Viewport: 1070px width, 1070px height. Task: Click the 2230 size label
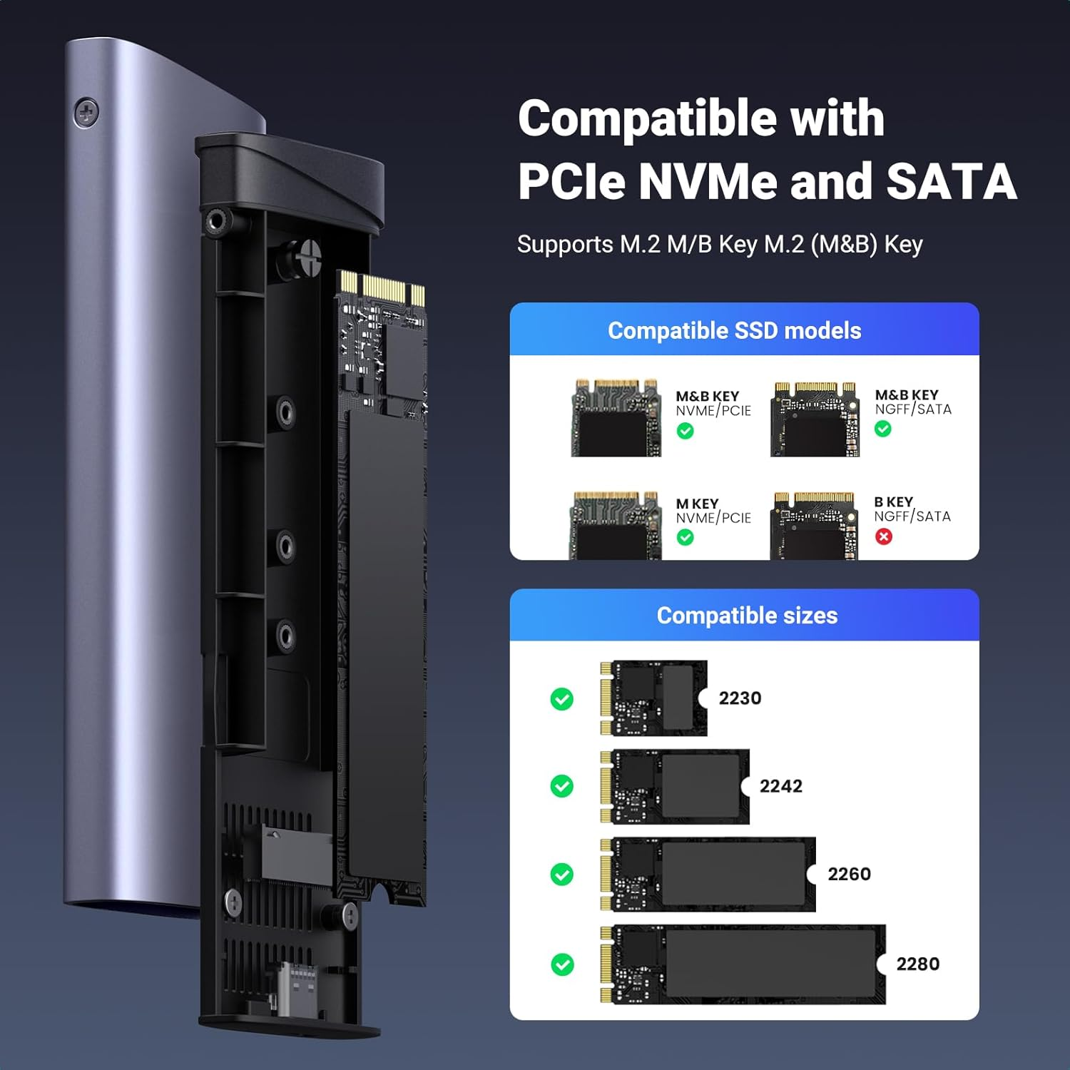coord(740,698)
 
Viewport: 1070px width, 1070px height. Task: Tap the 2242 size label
coord(780,786)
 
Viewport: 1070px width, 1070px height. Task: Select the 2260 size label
coord(849,874)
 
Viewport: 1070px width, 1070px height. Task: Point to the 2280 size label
coord(917,964)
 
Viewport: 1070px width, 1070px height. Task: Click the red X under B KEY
coord(884,536)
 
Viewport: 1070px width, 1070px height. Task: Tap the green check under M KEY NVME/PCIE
coord(685,537)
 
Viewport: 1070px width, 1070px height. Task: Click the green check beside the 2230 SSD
coord(562,699)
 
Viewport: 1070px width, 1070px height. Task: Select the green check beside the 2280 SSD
coord(562,965)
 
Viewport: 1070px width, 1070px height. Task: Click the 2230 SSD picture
coord(653,698)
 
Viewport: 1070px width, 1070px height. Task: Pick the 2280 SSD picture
coord(743,965)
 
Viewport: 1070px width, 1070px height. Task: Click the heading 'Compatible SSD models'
coord(734,330)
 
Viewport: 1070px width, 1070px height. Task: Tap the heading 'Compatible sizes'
coord(747,616)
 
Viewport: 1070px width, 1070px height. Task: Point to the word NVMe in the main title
coord(707,181)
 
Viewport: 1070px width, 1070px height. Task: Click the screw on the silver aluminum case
coord(86,113)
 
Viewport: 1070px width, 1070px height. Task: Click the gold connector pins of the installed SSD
coord(381,287)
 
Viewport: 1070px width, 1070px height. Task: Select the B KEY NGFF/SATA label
coord(912,509)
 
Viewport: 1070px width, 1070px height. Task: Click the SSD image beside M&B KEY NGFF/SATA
coord(815,419)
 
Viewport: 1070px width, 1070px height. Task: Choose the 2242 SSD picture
coord(675,787)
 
